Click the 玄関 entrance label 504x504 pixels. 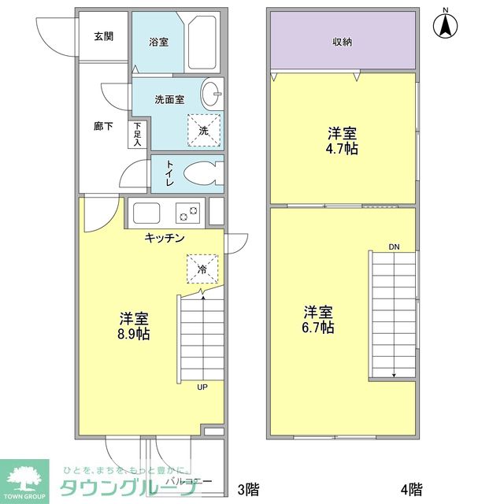(102, 36)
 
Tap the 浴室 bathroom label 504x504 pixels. (159, 43)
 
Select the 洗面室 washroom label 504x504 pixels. (169, 100)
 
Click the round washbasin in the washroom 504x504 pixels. (212, 94)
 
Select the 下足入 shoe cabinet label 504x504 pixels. (138, 135)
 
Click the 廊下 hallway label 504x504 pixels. (103, 126)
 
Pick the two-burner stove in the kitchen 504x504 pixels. (188, 213)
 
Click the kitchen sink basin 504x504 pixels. (146, 213)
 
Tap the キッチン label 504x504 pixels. (164, 238)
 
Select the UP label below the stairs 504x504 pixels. (203, 387)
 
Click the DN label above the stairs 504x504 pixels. (394, 247)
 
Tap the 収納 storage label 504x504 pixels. (341, 43)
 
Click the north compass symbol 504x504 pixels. (446, 25)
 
